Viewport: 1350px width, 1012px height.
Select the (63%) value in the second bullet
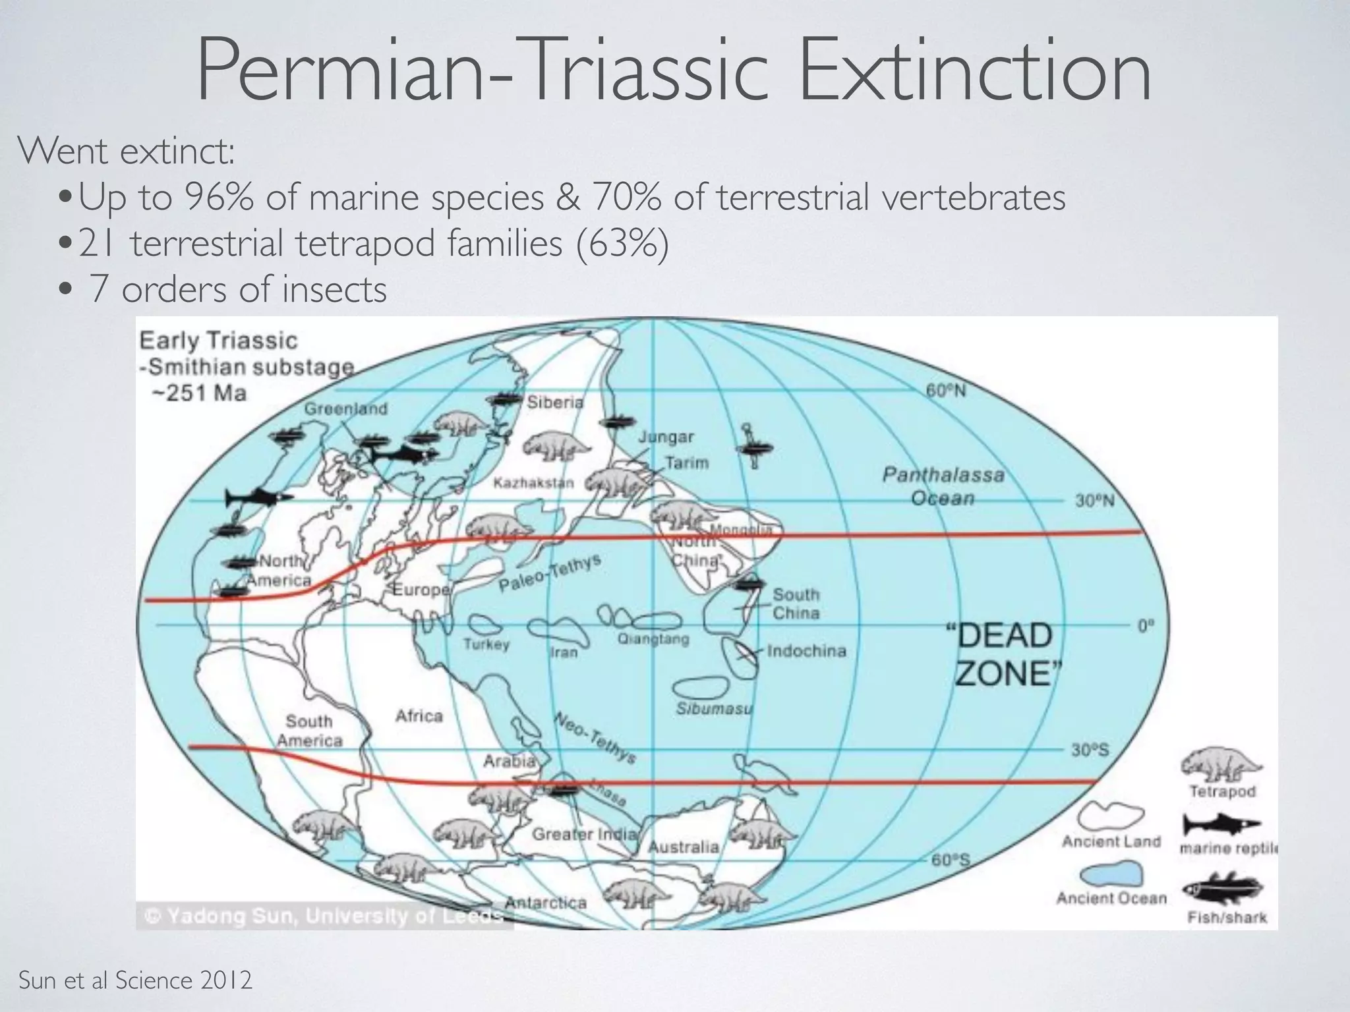[x=622, y=243]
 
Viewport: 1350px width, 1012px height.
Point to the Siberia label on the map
[x=555, y=402]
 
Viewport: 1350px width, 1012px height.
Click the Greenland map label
[x=345, y=408]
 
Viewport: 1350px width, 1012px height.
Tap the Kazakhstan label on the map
[x=534, y=483]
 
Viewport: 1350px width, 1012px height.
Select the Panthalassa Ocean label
[x=943, y=486]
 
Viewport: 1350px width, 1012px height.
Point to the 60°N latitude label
[x=946, y=391]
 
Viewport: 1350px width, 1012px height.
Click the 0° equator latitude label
[x=1146, y=625]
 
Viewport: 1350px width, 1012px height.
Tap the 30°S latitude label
[x=1090, y=749]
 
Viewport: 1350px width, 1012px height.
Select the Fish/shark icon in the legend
[x=1221, y=889]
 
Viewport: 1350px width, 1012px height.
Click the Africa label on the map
[x=419, y=716]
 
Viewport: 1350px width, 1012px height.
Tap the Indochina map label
[x=806, y=651]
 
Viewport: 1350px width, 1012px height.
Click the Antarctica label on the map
[x=546, y=902]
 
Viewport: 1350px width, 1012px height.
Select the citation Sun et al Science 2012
[x=135, y=980]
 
